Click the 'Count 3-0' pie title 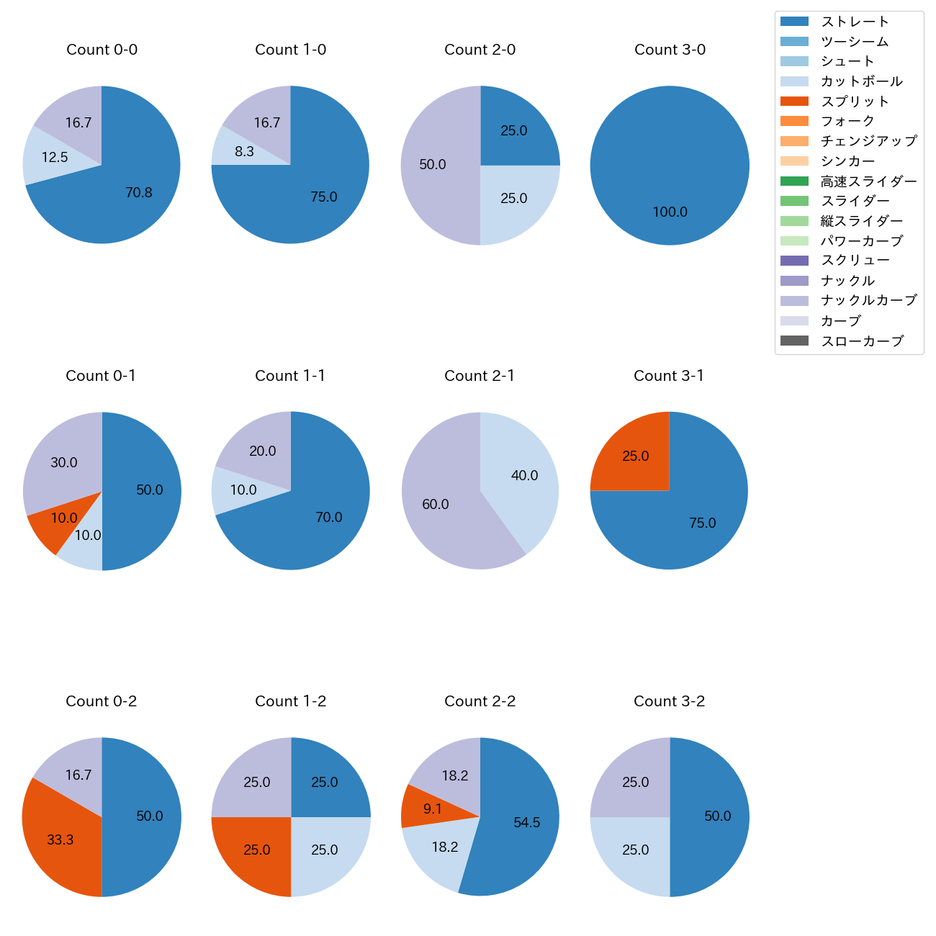[x=670, y=50]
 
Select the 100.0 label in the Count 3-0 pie [x=670, y=212]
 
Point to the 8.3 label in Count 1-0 [x=244, y=152]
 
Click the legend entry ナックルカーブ [x=868, y=300]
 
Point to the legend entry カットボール [x=861, y=81]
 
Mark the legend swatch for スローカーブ [x=793, y=341]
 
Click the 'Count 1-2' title [x=291, y=701]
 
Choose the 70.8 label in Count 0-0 [x=138, y=193]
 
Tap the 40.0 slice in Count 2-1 [x=524, y=476]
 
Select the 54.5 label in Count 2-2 [x=526, y=823]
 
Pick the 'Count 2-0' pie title [x=480, y=50]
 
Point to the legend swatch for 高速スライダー [x=793, y=181]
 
